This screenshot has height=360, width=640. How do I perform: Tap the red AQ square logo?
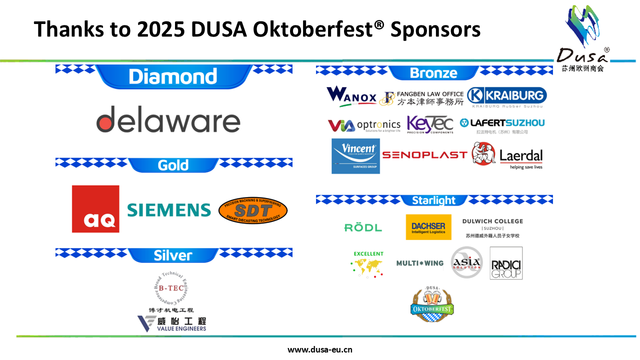95,209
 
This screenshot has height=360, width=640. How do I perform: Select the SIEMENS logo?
169,210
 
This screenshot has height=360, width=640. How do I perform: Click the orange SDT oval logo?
253,210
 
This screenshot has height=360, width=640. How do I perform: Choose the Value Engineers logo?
172,323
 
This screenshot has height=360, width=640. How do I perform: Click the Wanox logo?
351,96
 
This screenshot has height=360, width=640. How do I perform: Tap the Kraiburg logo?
506,96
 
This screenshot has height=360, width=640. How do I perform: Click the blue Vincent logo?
355,156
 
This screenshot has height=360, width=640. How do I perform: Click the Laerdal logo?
507,155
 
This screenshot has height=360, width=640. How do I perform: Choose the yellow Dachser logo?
428,227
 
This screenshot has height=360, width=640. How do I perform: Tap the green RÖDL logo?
363,227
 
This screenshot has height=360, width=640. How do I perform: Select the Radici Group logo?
506,263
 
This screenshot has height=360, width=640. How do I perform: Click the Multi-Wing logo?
419,263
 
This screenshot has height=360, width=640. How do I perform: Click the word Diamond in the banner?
172,76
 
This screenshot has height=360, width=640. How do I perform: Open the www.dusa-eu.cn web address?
320,349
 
